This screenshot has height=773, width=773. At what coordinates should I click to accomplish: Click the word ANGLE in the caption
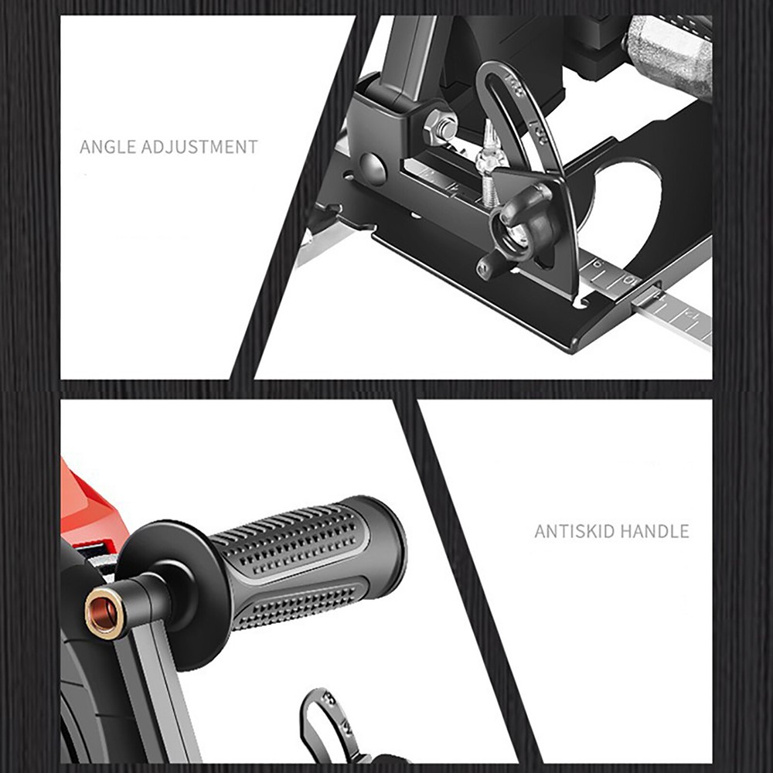coord(107,146)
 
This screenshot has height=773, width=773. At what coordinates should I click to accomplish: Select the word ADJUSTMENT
coord(199,146)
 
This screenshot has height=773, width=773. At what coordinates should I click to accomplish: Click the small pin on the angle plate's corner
coord(485,269)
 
